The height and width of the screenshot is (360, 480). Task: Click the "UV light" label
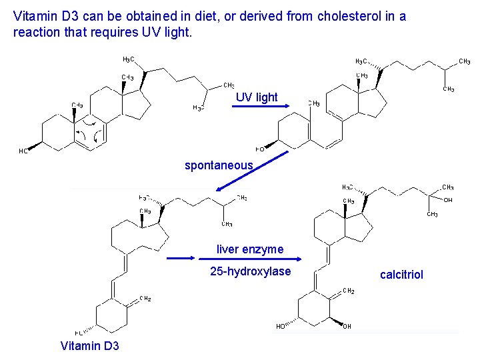257,97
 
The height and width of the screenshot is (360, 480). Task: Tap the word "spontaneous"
219,165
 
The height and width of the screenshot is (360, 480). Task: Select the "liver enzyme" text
250,249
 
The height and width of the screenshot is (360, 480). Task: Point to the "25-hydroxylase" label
250,271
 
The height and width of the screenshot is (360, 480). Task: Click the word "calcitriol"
401,275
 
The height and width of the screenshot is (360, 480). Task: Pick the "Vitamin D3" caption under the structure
89,346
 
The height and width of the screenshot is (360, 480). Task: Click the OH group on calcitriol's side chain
448,200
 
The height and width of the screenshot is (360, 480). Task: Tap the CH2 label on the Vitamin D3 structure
145,299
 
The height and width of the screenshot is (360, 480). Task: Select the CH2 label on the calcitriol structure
348,291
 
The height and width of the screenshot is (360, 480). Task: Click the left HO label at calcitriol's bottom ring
281,327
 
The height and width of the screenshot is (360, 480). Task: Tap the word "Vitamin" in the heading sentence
33,17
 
